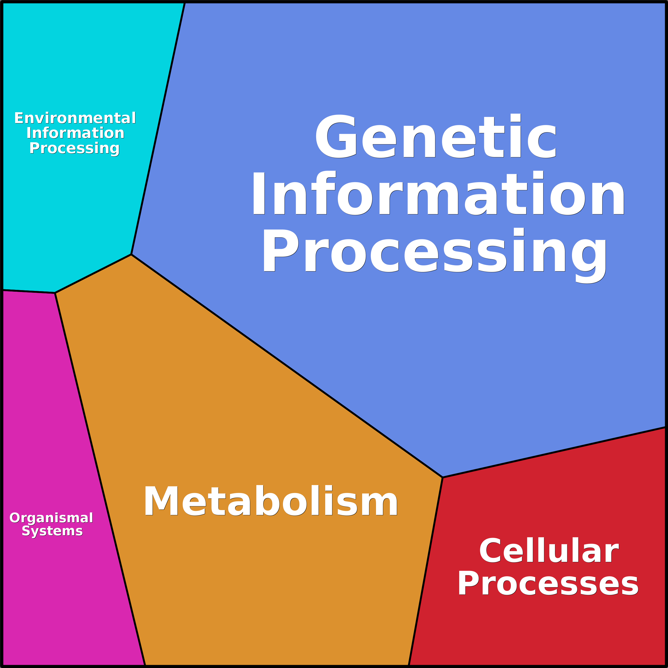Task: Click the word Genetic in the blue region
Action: (436, 137)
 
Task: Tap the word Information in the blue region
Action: (439, 194)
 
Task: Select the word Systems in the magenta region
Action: (52, 531)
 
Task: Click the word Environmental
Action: (75, 118)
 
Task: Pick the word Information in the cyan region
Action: (75, 133)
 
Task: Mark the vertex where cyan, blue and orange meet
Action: (131, 254)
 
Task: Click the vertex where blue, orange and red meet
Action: (442, 478)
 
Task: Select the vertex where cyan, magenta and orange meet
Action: (55, 293)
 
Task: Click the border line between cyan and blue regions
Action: (158, 128)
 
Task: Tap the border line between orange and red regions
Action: (426, 570)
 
